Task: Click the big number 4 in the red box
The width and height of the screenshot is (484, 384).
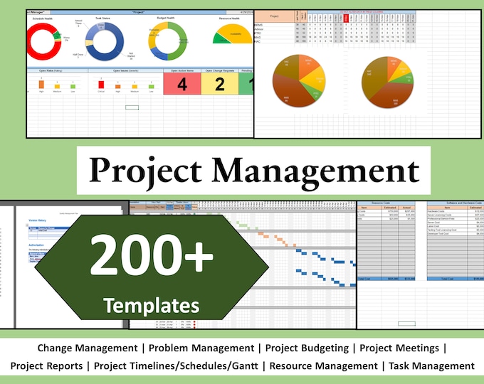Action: tap(182, 85)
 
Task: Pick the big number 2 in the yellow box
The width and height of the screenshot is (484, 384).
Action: tap(220, 85)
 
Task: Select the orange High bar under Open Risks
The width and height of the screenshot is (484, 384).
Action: tap(41, 84)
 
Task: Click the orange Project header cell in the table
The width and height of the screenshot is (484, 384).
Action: tap(275, 16)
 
